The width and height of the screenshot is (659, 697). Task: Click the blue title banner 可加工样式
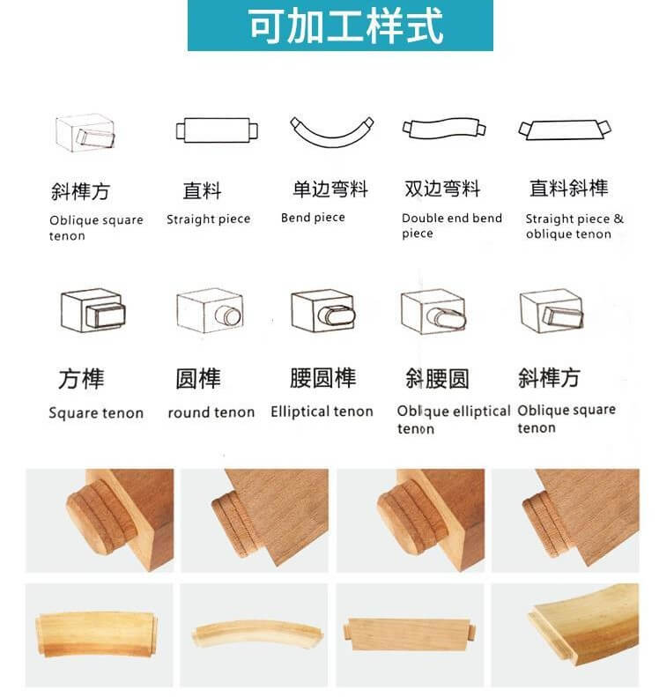[340, 26]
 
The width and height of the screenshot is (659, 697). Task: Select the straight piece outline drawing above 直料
[217, 130]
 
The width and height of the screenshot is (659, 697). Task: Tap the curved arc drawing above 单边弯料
[331, 132]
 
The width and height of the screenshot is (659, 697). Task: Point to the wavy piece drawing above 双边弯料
[443, 129]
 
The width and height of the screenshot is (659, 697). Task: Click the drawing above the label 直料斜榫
[565, 130]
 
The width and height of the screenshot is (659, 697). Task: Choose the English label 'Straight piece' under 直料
[209, 219]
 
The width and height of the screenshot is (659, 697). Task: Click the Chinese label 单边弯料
[329, 189]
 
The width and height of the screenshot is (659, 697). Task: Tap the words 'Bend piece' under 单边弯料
[313, 218]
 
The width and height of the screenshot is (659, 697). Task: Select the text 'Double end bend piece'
[452, 226]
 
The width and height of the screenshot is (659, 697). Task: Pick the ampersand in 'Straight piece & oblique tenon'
[618, 219]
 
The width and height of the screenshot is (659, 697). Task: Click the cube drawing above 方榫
[93, 310]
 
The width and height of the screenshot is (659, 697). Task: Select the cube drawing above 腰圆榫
[323, 311]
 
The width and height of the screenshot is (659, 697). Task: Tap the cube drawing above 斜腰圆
[433, 312]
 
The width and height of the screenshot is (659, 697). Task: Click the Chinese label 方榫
[81, 379]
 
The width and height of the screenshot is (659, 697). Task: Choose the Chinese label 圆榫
[198, 379]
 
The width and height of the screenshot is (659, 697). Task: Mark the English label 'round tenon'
[211, 412]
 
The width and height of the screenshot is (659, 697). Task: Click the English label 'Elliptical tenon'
[322, 412]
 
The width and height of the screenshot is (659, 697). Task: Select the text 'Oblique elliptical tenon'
[453, 419]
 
